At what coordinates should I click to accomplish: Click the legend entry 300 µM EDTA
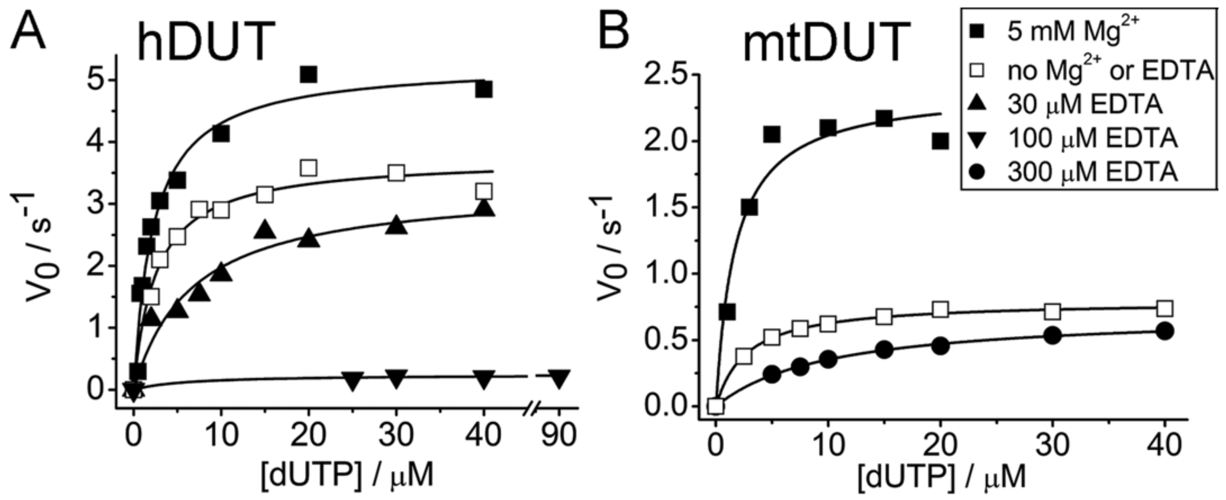pos(1085,172)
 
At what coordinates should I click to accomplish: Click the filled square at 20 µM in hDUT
pos(308,75)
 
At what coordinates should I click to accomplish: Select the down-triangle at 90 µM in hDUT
pos(559,379)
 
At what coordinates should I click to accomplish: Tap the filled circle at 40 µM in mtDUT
pos(1165,331)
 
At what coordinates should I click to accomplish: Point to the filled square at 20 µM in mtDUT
pos(940,141)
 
